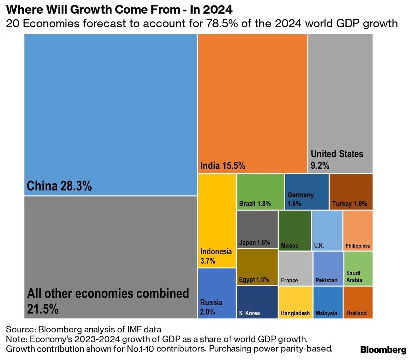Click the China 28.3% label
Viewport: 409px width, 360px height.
pos(59,186)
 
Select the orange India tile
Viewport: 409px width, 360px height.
pos(253,102)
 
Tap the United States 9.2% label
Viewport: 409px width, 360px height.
pos(337,159)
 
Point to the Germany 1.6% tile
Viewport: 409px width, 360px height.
pos(307,191)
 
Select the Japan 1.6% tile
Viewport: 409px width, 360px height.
pos(257,229)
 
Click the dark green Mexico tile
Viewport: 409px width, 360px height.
pos(295,230)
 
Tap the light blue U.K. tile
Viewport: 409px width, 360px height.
pos(327,230)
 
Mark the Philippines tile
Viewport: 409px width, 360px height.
pos(358,230)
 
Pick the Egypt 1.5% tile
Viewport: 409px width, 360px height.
pos(257,267)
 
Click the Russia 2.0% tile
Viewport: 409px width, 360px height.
pos(217,293)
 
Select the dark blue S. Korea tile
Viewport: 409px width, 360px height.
pos(257,302)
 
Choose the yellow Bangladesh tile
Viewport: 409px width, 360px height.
pos(295,302)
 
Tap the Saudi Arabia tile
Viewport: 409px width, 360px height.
pos(358,268)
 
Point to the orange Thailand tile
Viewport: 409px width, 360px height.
pos(358,302)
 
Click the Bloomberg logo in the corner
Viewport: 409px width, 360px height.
pos(383,350)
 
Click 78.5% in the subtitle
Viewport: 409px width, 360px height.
pos(223,24)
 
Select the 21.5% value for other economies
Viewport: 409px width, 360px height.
pos(43,309)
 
